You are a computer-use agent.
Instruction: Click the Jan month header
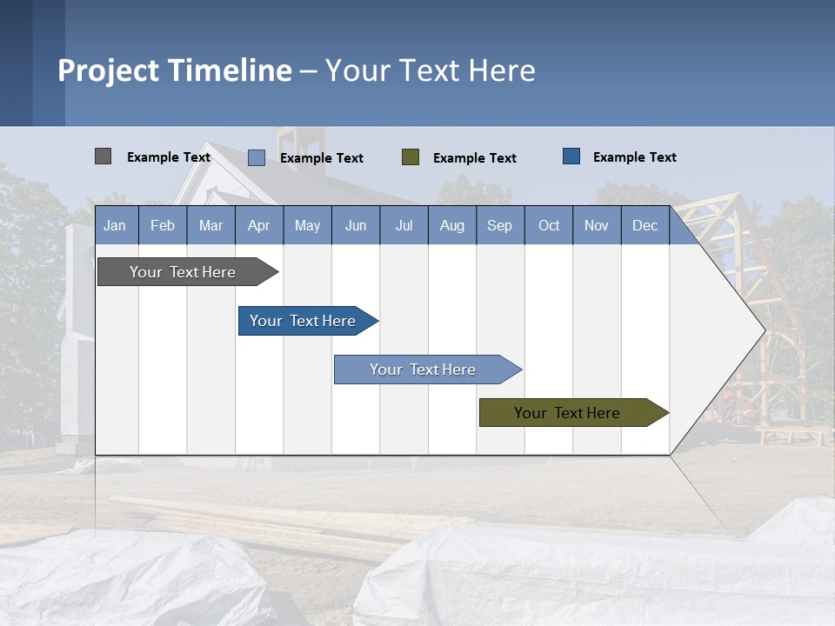pos(116,225)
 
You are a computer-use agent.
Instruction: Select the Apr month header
pos(259,225)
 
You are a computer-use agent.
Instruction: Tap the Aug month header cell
pos(451,225)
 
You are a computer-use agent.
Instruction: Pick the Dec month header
pos(645,225)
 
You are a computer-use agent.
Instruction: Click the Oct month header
pos(549,225)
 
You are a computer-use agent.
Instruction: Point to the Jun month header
pos(355,225)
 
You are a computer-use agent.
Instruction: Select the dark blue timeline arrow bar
pos(304,321)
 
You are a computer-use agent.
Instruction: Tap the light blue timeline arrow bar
pos(424,370)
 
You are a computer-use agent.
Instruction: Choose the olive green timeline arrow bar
pos(569,413)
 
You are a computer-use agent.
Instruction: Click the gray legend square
pos(103,156)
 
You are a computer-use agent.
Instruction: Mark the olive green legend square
pos(411,156)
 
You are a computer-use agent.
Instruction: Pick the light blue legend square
pos(256,157)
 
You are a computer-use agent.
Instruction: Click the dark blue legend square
pos(571,156)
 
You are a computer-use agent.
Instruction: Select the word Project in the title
pos(108,70)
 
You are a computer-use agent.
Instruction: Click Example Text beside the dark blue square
pos(634,156)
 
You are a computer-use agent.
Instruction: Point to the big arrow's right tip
pos(763,330)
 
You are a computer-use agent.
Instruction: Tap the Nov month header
pos(596,225)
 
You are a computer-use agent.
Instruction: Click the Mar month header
pos(210,225)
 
